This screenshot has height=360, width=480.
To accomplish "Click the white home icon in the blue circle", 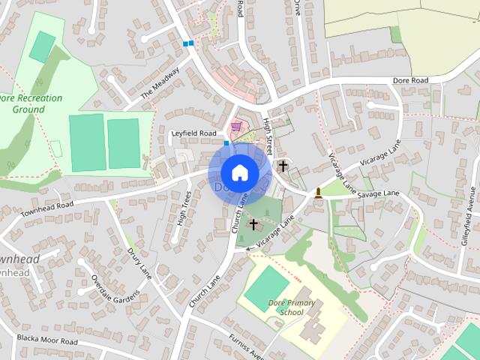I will coord(239,172).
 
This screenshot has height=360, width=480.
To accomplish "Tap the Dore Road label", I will coord(410,80).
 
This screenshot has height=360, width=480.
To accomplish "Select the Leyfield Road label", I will coord(193,133).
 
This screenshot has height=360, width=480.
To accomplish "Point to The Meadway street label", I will coord(160,82).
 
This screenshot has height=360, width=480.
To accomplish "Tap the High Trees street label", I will coord(182,209).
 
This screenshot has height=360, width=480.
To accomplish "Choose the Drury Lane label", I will coord(139,263).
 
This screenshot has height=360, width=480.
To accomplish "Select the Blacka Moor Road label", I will coord(48,341).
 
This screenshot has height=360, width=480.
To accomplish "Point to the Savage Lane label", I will coord(379,193).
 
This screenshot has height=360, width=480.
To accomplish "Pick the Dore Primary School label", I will coord(286,307).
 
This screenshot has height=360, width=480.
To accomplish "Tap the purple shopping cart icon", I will coord(238,126).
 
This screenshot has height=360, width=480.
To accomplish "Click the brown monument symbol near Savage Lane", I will coord(319,193).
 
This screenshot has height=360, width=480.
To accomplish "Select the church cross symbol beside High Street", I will coord(283,166).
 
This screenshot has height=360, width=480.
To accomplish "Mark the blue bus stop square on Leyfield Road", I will coord(226,142).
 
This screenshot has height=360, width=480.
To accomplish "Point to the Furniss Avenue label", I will coord(247,346).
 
